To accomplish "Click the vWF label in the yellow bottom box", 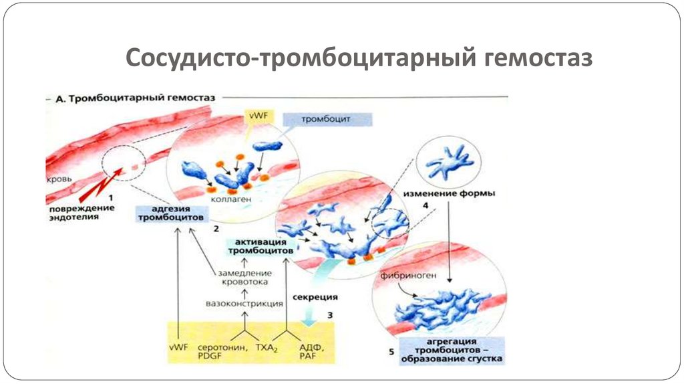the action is [178, 347].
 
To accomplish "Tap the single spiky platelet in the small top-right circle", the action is [449, 163].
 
